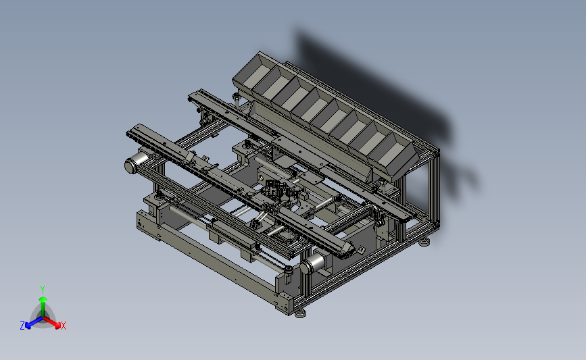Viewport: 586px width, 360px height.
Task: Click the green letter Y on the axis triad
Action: (x=42, y=290)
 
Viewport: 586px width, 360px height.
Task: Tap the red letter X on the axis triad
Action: (x=63, y=326)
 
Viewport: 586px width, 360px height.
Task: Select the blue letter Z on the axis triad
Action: (x=22, y=326)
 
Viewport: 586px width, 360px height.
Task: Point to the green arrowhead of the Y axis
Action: (x=43, y=299)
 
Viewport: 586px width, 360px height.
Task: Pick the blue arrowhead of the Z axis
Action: (x=28, y=326)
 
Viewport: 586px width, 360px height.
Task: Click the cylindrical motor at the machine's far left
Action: (x=136, y=161)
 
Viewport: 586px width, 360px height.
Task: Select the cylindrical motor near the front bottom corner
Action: (x=312, y=264)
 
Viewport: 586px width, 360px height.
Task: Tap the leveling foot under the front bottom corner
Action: (x=300, y=315)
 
